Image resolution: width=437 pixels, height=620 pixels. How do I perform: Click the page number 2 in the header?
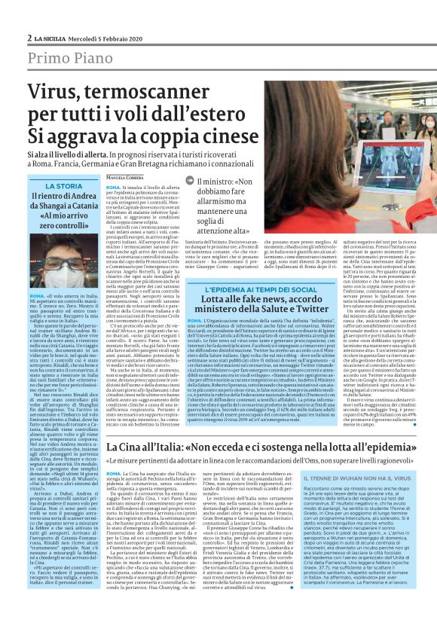click(29, 38)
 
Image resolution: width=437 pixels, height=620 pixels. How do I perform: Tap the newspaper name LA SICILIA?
click(50, 38)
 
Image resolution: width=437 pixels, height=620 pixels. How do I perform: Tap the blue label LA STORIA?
click(64, 185)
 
